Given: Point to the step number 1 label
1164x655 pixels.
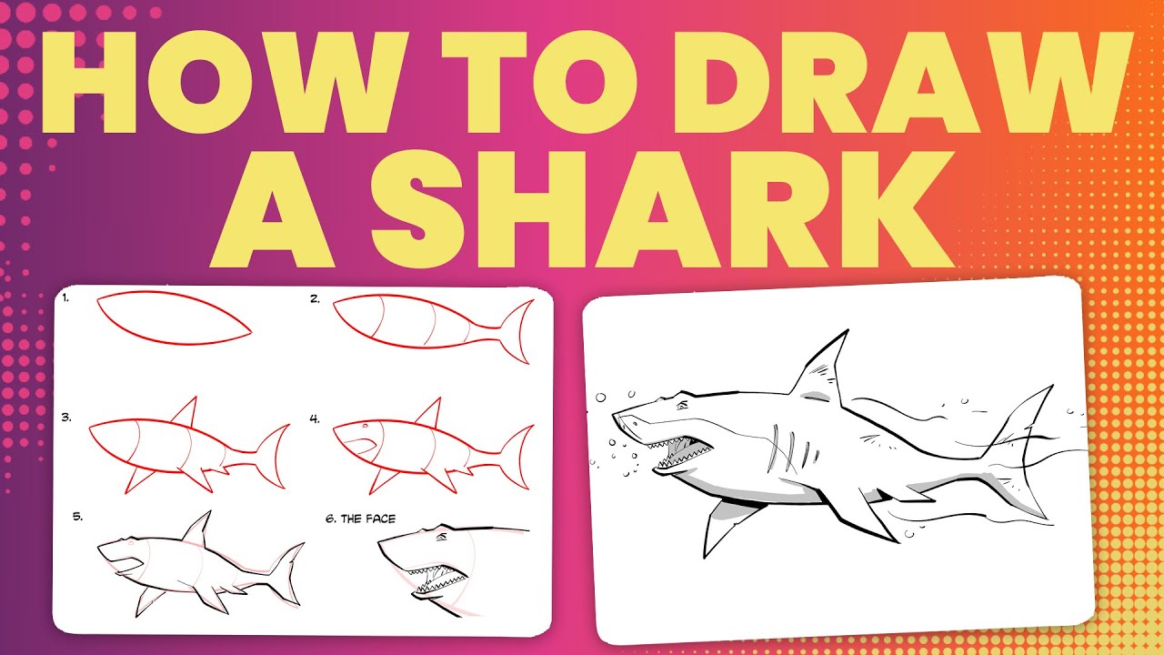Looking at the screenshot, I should coord(66,297).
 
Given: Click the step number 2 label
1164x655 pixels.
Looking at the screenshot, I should coord(315,297).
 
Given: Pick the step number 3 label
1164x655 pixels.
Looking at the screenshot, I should coord(66,418).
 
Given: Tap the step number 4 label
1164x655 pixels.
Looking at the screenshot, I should coord(315,419).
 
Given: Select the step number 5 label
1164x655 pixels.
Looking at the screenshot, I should coord(78,517).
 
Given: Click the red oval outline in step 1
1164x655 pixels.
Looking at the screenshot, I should coord(173,318).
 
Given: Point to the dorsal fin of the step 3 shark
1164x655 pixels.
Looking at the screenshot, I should coord(187,411).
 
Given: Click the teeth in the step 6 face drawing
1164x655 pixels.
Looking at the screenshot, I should coord(436,579).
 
